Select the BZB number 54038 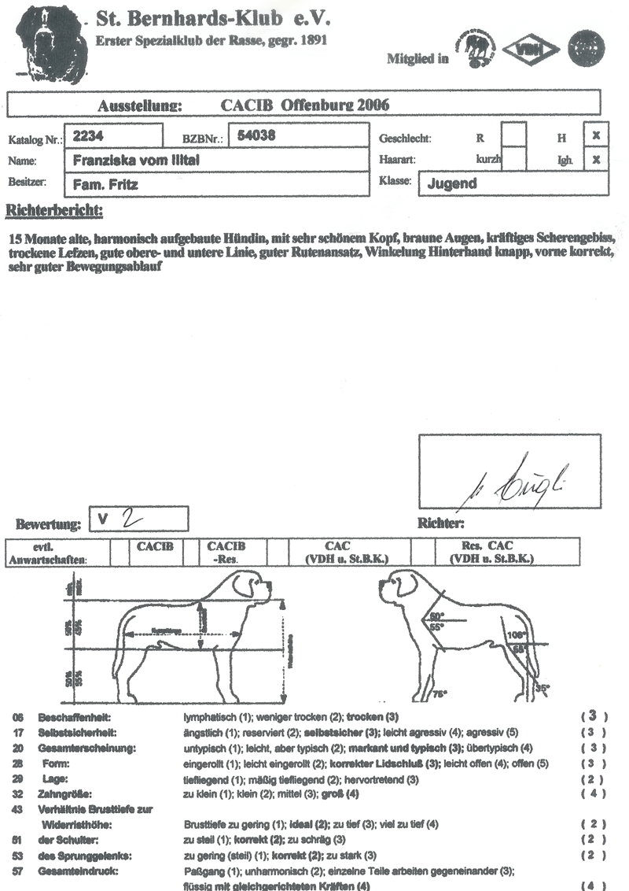256,135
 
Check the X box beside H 597,135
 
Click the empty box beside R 513,135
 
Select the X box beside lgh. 597,159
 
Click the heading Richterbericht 54,211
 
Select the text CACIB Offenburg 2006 306,105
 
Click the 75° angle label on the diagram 440,694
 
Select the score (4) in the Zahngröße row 594,794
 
